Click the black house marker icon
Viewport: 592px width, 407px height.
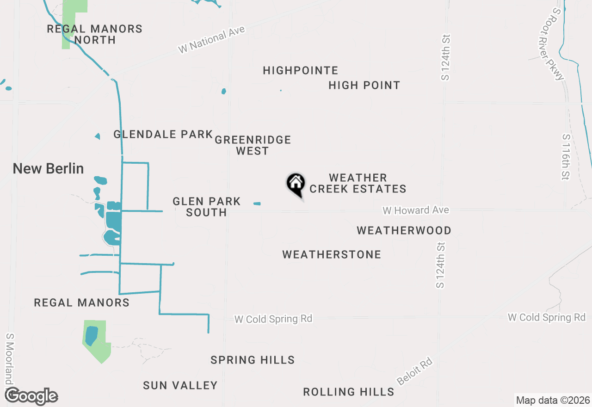296,184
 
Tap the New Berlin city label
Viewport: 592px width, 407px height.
48,169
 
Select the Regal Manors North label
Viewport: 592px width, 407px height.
95,34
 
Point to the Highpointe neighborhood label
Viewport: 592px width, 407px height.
301,71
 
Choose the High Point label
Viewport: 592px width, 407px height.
364,86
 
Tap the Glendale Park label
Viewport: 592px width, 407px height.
163,135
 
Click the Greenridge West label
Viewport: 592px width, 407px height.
253,145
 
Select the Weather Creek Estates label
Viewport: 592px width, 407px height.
358,184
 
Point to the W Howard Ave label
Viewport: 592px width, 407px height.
416,210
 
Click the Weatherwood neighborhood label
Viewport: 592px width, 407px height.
404,230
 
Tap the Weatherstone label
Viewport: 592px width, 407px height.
332,254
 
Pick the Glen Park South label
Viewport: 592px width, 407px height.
206,207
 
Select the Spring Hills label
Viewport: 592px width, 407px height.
253,360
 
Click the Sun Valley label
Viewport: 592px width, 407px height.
180,385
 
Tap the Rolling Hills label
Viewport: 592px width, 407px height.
349,392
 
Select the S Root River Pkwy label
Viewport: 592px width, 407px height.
558,44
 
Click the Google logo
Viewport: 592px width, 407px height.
31,396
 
